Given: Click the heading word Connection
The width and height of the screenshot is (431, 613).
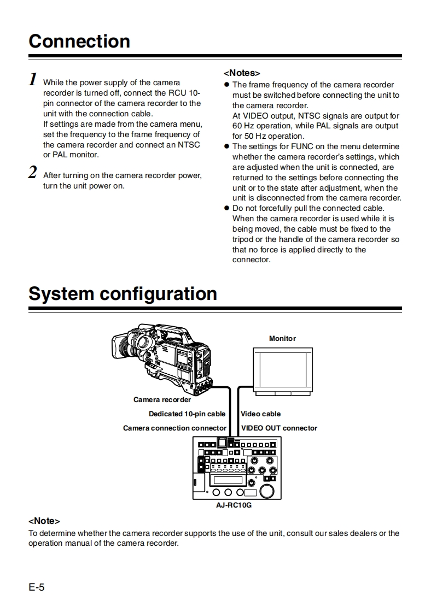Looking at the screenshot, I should pos(79,42).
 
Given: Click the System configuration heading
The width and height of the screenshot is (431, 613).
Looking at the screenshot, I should pos(123,294).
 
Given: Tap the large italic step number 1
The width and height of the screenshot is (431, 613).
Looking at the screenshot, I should pos(33,80).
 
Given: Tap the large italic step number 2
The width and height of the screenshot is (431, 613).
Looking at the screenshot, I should pos(33,173).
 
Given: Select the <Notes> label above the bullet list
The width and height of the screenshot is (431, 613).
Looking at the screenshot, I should pos(242,73).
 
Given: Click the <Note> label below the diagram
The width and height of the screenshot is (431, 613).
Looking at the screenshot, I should pos(44,521).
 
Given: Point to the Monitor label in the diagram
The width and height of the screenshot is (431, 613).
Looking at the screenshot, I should pos(282,339).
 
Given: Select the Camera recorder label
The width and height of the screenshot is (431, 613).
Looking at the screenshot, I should pos(162,399).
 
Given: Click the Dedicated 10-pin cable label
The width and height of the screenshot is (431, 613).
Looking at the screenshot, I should pos(187,414).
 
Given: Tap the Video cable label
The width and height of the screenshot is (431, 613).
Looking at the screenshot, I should pos(261,414).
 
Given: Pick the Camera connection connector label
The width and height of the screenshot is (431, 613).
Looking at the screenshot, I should pos(174,428).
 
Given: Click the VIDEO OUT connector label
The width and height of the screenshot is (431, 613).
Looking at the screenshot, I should pos(279,428).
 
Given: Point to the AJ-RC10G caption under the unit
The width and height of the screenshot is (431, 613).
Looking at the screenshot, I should pos(234,505).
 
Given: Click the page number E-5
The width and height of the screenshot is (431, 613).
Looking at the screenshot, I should pos(37,587).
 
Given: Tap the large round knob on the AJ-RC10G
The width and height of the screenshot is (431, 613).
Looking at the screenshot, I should pos(267,491).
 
